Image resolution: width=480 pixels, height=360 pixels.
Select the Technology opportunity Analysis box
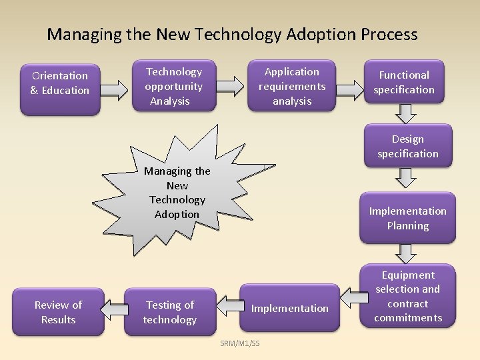click(174, 86)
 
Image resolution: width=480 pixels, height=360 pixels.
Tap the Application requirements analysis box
click(292, 86)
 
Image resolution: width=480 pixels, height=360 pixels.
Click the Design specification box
click(407, 147)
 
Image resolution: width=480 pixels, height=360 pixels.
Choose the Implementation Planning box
click(407, 218)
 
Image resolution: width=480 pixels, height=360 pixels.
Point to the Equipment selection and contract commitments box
click(407, 297)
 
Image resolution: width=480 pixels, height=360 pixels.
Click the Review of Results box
click(59, 312)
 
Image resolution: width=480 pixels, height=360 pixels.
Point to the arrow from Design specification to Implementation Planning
click(405, 177)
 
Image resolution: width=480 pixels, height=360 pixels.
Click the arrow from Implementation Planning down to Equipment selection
click(405, 251)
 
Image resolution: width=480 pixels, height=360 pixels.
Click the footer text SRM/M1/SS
click(240, 343)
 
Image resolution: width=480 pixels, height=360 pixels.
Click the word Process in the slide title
click(387, 34)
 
